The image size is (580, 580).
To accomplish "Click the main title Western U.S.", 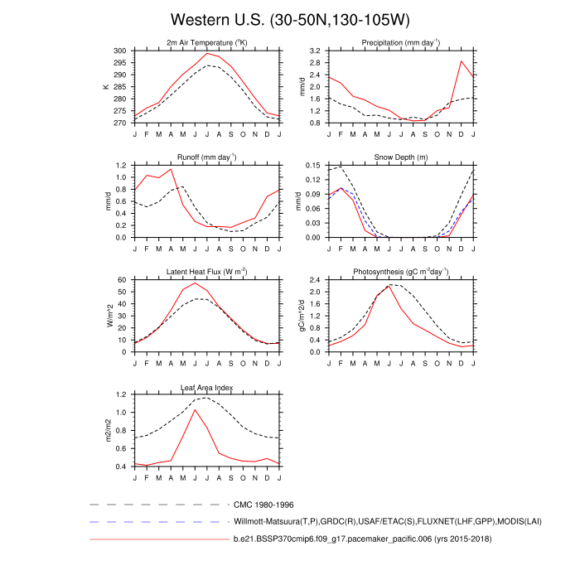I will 290,19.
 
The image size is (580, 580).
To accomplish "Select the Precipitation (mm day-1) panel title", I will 400,42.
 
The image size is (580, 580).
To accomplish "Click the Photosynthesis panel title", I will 400,272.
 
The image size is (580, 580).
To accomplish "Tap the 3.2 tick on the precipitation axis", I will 315,51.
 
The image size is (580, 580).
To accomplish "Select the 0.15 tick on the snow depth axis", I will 312,165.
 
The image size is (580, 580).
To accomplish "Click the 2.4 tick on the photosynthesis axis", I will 315,280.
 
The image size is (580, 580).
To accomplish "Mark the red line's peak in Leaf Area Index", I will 195,409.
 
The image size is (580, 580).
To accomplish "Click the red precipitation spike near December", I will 462,60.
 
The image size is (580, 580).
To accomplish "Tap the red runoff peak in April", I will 171,169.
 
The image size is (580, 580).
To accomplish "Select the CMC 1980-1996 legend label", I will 263,504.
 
